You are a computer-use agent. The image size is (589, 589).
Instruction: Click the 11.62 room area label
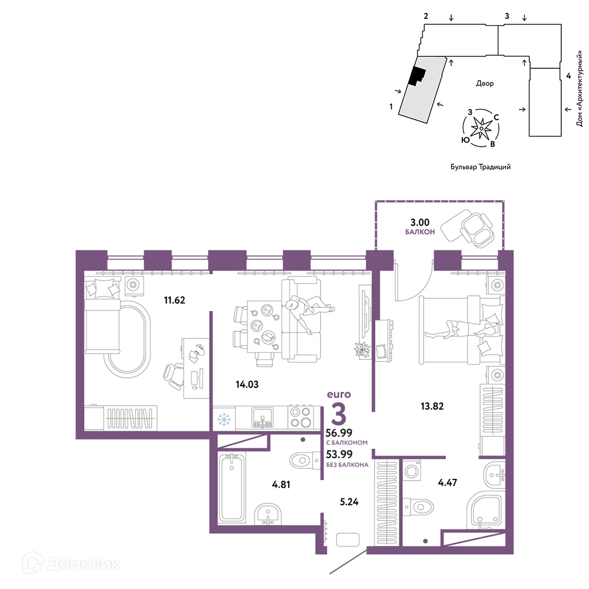pos(174,300)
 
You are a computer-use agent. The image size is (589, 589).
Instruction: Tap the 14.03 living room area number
pos(247,384)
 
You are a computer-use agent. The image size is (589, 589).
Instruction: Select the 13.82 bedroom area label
pos(432,406)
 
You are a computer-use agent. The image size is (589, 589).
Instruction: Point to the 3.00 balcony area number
pos(419,223)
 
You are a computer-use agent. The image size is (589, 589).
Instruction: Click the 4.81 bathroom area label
pos(281,485)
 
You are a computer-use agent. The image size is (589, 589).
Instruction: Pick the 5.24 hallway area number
pos(349,502)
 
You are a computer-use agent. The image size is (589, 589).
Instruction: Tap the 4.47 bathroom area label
pos(448,482)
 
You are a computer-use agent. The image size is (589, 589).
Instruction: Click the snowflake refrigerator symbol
pos(224,419)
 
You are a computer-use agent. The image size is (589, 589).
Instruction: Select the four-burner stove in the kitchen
pos(300,417)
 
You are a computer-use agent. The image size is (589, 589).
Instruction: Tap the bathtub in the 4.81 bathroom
pos(231,487)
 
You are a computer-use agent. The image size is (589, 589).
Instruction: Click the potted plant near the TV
pos(362,350)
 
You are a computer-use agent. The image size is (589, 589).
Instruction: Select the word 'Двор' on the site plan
pos(485,84)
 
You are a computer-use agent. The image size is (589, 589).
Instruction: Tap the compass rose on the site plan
pos(481,128)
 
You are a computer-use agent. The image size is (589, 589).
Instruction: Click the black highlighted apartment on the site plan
pos(418,76)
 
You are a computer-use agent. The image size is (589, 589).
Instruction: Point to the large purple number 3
pos(339,415)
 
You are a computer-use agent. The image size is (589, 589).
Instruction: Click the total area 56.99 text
pos(339,433)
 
